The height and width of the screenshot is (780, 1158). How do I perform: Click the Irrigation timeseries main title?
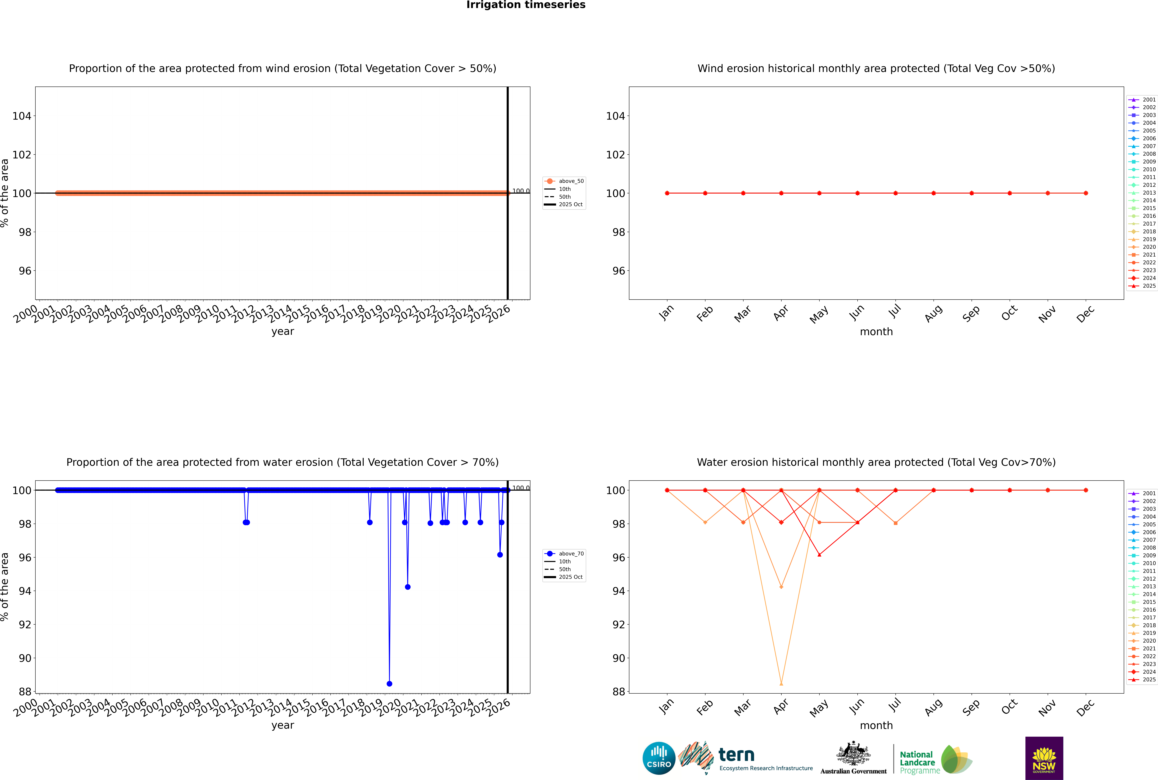[x=526, y=5]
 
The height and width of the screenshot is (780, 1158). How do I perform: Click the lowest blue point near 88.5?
[x=389, y=683]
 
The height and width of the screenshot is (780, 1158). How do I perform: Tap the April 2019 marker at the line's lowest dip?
[x=781, y=683]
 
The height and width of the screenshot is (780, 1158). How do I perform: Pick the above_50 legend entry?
[x=565, y=181]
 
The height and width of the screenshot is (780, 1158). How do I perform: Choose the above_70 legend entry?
[x=565, y=554]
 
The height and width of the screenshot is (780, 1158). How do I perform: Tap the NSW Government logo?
[x=1044, y=758]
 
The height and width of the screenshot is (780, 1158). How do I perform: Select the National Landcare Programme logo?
[x=935, y=760]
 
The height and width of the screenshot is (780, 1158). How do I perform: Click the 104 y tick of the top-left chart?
[x=22, y=116]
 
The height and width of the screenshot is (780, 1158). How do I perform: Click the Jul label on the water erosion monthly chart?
[x=895, y=705]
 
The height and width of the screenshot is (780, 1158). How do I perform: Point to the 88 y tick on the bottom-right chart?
[x=619, y=691]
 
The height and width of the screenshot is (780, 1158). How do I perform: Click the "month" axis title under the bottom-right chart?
[x=876, y=725]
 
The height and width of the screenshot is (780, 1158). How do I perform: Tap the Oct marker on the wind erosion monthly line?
[x=1010, y=193]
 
